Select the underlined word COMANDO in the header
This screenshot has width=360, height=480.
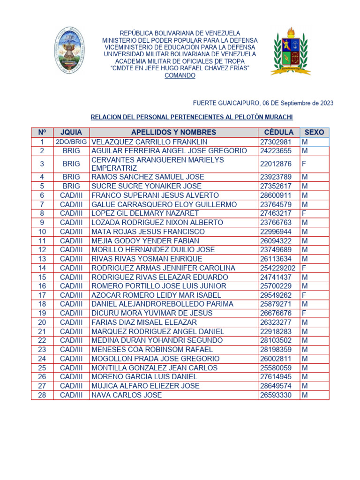point(180,75)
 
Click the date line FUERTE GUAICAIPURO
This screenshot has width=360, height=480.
point(263,103)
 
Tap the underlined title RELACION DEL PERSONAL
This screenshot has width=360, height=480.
point(191,117)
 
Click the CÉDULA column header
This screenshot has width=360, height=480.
point(278,132)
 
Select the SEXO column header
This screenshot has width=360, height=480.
point(314,132)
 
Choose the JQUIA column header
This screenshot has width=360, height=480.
point(71,132)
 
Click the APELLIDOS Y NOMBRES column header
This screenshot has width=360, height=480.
point(173,132)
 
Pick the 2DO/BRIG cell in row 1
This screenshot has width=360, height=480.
point(71,142)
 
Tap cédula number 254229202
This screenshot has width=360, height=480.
point(278,268)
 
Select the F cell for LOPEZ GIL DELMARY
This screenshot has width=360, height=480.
point(304,213)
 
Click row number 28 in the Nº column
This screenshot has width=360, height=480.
point(42,395)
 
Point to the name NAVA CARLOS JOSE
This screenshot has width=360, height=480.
point(127,395)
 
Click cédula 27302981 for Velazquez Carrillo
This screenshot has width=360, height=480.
point(276,142)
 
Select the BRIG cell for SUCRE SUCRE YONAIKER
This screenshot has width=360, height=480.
point(71,186)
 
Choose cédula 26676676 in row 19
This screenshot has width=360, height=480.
point(276,313)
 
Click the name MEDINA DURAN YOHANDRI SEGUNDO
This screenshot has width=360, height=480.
point(150,340)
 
